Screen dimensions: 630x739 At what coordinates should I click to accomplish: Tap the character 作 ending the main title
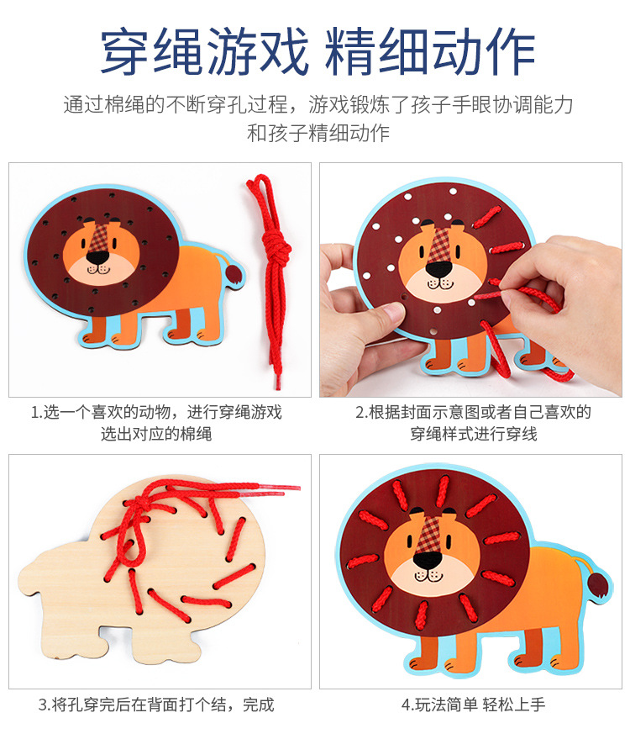click(510, 50)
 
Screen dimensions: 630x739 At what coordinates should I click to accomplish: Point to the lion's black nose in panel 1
click(97, 257)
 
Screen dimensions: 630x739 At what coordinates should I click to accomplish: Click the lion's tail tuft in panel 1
click(234, 274)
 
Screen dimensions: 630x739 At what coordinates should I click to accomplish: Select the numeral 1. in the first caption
click(37, 413)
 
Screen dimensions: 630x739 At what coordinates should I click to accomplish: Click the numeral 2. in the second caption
click(361, 413)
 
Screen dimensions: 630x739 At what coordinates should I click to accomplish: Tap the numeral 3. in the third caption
click(45, 705)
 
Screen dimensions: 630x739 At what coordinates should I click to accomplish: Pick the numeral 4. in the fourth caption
click(407, 705)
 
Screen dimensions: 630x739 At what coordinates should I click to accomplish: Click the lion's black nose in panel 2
click(438, 270)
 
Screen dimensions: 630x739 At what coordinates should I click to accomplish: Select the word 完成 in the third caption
click(258, 705)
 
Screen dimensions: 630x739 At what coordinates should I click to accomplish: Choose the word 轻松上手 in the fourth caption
click(514, 705)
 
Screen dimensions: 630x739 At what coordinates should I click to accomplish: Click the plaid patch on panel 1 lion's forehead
click(100, 237)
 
